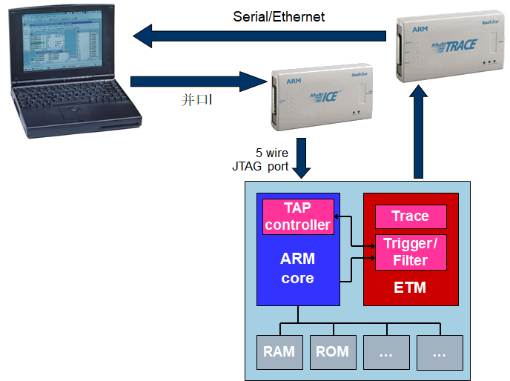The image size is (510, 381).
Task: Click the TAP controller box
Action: click(x=298, y=216)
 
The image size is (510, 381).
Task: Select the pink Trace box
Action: click(x=410, y=216)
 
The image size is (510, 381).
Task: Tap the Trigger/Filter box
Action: click(x=410, y=252)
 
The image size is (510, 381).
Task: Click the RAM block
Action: click(x=279, y=352)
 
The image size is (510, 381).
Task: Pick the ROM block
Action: click(x=332, y=352)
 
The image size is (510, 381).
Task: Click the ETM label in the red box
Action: click(x=410, y=288)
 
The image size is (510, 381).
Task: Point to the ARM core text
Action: click(x=297, y=268)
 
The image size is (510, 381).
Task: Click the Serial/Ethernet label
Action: click(x=279, y=16)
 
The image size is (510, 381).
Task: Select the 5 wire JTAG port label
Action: click(x=261, y=159)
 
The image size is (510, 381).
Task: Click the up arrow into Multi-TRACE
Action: click(x=420, y=133)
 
